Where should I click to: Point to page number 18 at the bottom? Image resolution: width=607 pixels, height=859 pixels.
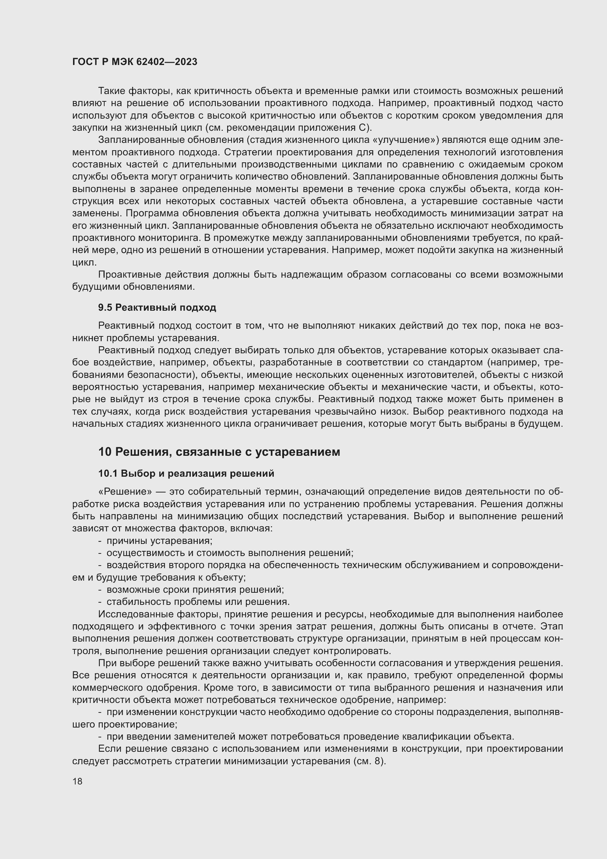[77, 781]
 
